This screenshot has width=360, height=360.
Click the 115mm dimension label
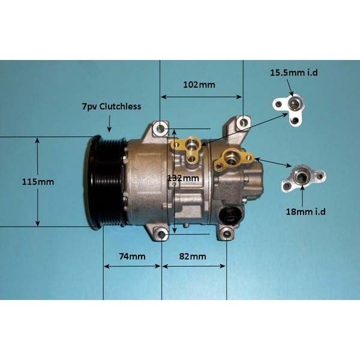38,182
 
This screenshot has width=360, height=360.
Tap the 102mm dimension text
199,85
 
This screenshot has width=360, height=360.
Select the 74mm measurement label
132,256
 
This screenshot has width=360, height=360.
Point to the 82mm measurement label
193,256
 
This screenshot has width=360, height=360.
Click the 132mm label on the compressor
183,178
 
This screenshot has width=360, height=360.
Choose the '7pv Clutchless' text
112,106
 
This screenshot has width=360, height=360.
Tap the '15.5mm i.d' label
293,73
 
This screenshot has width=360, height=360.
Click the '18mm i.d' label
305,211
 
